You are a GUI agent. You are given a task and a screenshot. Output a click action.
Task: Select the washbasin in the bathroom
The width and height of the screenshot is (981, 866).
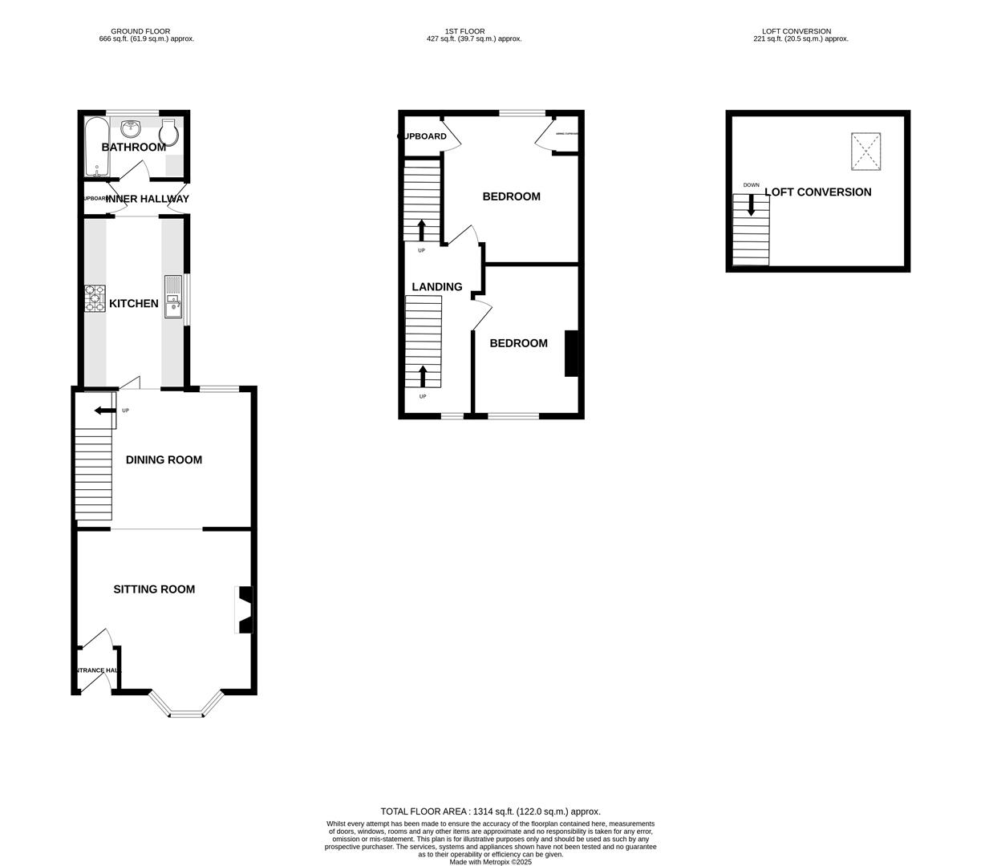(131, 128)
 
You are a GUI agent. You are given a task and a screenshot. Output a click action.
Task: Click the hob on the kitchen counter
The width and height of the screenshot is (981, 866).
(95, 298)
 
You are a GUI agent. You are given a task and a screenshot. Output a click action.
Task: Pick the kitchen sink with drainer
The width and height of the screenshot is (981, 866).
(173, 297)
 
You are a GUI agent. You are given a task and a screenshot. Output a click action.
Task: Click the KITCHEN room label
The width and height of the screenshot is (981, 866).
(133, 304)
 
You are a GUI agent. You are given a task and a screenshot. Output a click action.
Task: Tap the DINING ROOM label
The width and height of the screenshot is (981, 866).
(164, 460)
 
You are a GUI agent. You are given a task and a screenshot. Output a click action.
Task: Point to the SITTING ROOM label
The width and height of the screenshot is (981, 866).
(154, 589)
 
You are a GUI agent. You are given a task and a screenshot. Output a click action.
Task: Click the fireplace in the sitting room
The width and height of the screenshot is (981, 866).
(245, 609)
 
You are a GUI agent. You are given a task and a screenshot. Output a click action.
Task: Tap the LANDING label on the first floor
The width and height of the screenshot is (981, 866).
(436, 287)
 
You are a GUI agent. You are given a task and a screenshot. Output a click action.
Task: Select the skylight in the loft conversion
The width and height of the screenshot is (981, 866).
(865, 152)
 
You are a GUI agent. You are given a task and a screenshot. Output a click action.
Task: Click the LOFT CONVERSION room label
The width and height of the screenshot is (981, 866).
(817, 192)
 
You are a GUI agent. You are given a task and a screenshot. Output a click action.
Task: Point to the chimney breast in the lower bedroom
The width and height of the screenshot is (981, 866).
(571, 353)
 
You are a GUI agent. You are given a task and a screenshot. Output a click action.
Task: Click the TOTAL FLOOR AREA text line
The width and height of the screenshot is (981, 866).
(490, 811)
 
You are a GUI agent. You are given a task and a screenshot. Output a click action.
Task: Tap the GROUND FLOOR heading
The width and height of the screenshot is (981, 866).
(140, 31)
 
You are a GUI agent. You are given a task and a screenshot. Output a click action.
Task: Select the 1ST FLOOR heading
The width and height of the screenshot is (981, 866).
(466, 31)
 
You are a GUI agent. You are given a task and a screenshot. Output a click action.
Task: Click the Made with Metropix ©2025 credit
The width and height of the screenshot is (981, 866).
(490, 862)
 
